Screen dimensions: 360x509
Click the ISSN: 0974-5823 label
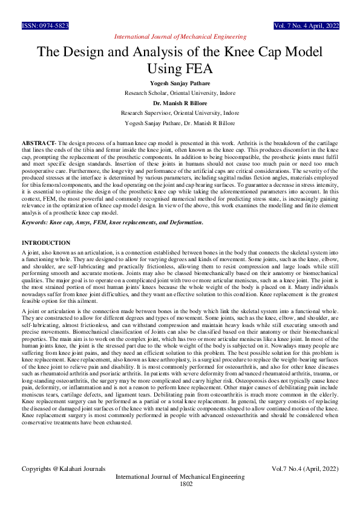(45, 27)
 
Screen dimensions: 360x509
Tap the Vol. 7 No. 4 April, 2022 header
(306, 27)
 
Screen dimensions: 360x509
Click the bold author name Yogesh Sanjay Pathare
(180, 83)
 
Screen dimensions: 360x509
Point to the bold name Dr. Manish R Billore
(180, 103)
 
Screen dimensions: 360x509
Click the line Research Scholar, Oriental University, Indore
(180, 93)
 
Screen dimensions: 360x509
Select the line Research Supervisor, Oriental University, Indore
(180, 113)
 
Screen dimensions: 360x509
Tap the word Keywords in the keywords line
(36, 222)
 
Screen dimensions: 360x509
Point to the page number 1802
(186, 484)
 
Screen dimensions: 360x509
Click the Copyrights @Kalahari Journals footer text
(64, 468)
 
